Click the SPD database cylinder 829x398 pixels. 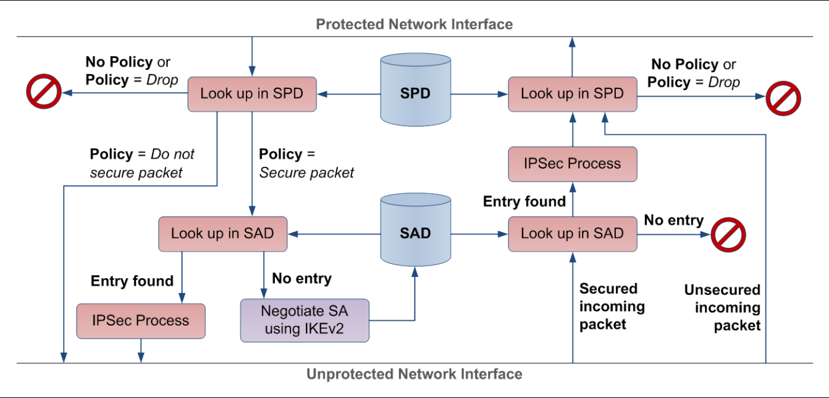[416, 90]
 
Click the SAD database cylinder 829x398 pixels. [416, 229]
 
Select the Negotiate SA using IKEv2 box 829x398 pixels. [305, 320]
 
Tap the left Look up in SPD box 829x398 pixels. [252, 94]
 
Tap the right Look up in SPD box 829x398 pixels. [573, 94]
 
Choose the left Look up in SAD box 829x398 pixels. [223, 234]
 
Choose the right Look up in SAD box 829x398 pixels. [573, 234]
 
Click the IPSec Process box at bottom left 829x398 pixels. [141, 321]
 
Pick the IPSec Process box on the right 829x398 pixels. [573, 164]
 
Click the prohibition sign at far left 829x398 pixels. [44, 91]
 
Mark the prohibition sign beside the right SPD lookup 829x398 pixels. [783, 98]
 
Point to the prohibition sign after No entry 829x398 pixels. [728, 235]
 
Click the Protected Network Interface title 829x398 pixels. [414, 24]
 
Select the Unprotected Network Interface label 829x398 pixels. [414, 374]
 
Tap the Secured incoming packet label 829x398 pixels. [612, 307]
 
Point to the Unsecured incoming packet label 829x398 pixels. [722, 308]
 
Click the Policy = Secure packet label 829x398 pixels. [306, 163]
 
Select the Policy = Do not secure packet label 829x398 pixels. [142, 163]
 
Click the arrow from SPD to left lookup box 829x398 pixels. [349, 94]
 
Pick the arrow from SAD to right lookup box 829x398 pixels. [479, 234]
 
